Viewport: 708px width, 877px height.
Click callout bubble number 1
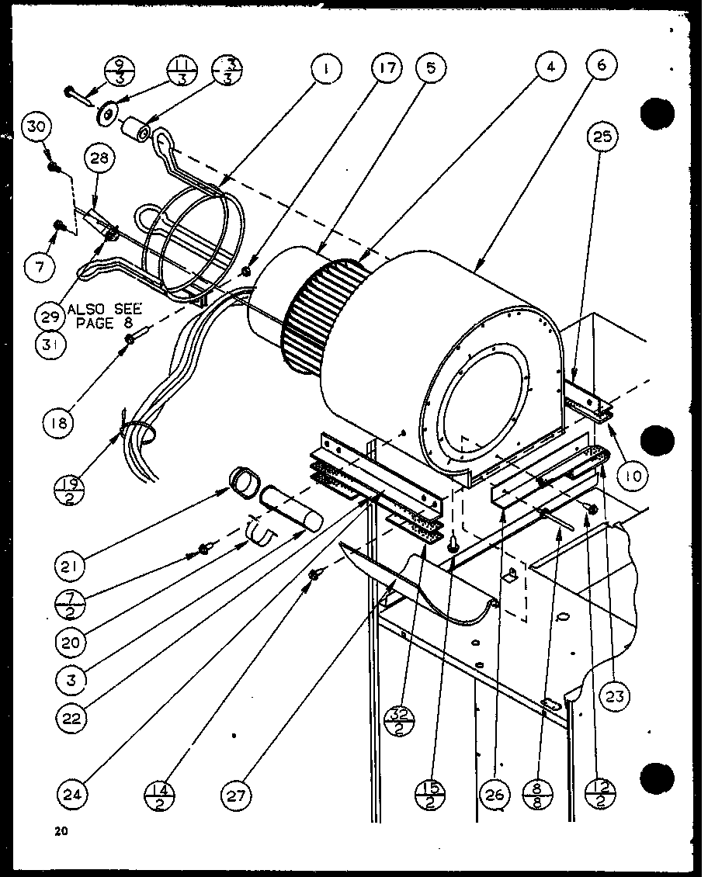[x=327, y=69]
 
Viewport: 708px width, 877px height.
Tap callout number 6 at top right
[x=602, y=66]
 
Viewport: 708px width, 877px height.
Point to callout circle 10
[x=633, y=475]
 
